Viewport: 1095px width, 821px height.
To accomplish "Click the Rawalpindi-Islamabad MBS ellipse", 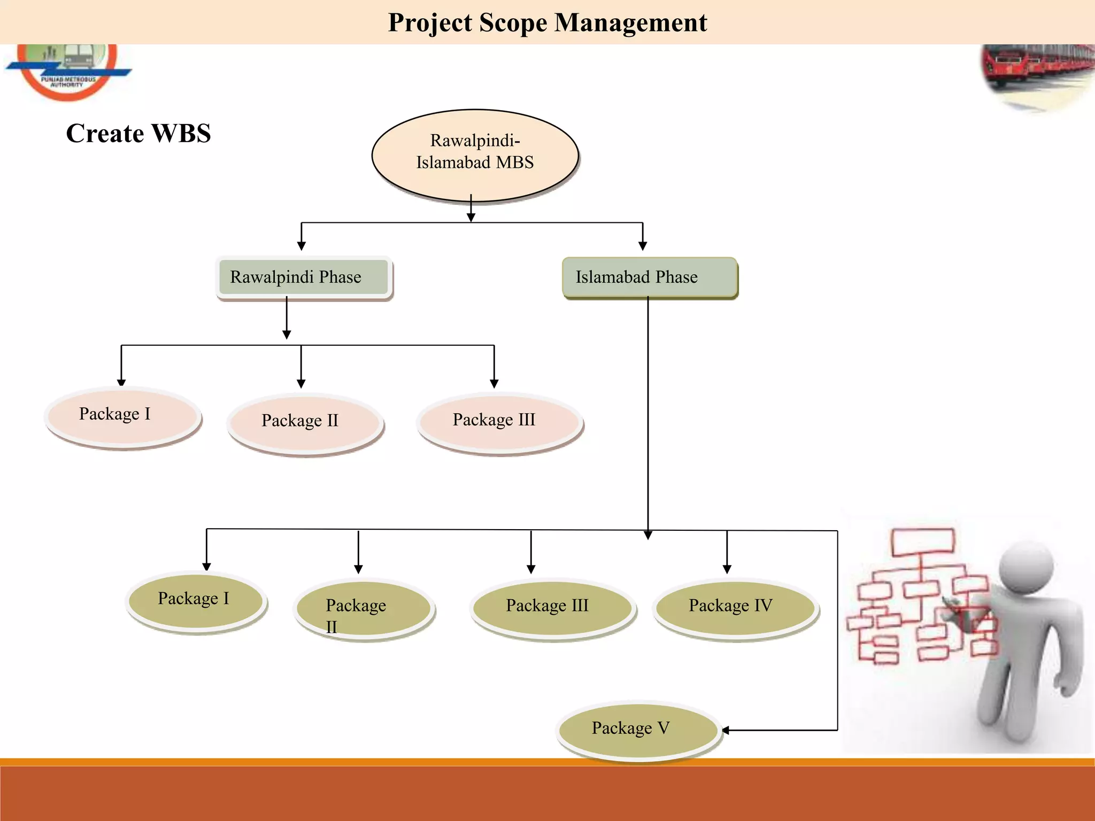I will coord(475,155).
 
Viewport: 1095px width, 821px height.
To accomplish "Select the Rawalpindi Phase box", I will coord(304,277).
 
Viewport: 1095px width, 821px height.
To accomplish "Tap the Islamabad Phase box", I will coord(649,277).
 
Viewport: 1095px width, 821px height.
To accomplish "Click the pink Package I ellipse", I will coord(123,417).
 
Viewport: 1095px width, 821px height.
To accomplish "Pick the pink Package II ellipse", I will coord(305,423).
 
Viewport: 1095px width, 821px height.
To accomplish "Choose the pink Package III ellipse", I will coord(499,422).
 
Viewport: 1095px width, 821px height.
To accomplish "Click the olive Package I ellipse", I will coord(196,601).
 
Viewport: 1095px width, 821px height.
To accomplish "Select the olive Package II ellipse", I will coord(364,609).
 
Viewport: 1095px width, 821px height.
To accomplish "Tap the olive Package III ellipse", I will coord(552,608).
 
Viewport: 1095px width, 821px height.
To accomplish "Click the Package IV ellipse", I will coord(735,608).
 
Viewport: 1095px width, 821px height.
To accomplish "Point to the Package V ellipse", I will coord(637,730).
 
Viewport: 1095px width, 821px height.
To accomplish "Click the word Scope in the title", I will coord(513,22).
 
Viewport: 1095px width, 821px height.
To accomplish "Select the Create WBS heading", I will coord(138,133).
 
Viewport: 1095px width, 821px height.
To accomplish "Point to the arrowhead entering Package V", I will coord(726,730).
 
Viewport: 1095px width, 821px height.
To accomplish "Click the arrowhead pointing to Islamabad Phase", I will coord(643,246).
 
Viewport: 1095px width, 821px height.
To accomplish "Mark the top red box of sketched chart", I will coord(922,541).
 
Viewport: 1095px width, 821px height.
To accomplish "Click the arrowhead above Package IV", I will coord(727,569).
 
